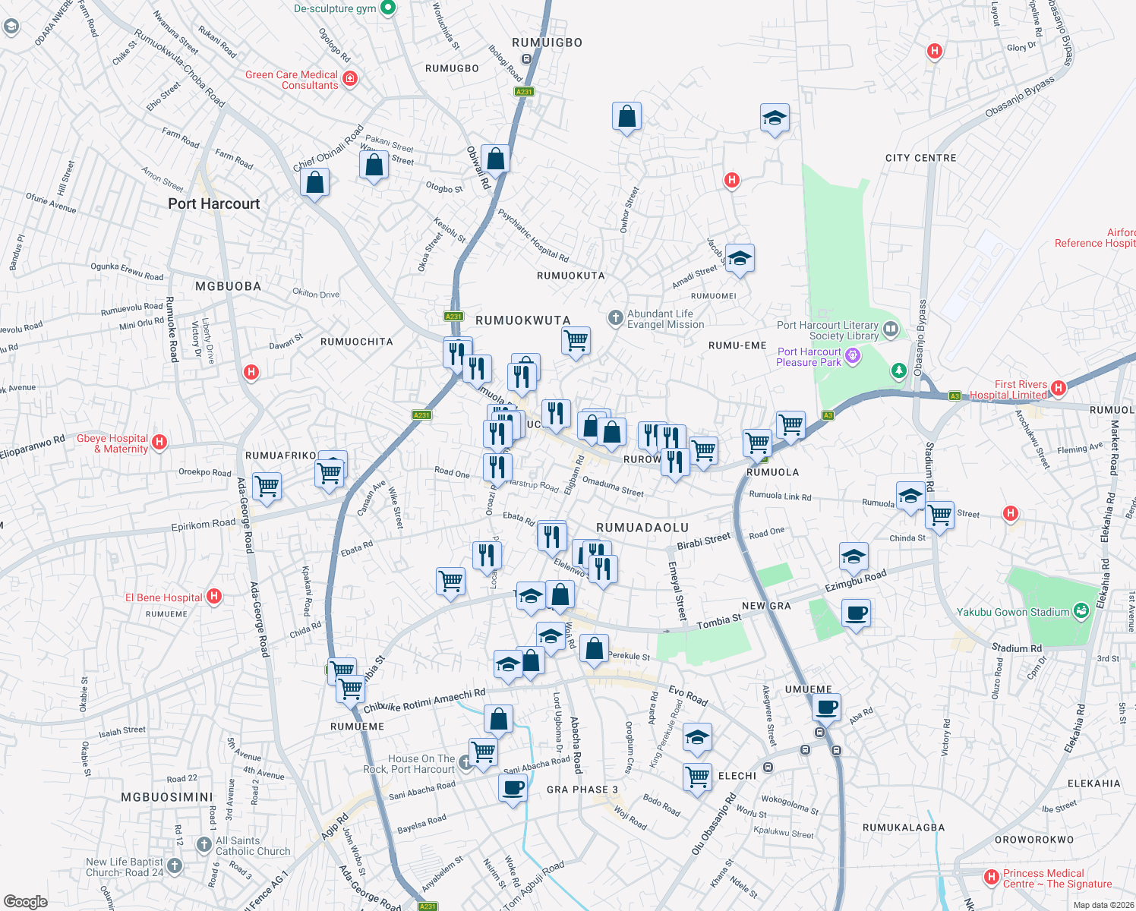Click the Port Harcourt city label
click(x=213, y=203)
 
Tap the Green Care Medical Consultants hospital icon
click(x=350, y=78)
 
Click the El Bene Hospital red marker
click(x=214, y=597)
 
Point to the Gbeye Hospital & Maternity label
click(x=112, y=443)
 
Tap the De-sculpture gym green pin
click(x=388, y=8)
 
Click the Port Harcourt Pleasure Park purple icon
click(x=853, y=355)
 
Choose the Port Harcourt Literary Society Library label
click(x=828, y=330)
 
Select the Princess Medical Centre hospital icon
click(x=991, y=877)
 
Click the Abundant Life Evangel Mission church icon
click(x=616, y=318)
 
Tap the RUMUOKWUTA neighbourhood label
click(x=522, y=320)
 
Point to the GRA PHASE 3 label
click(x=582, y=790)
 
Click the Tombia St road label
click(x=718, y=622)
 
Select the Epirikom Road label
click(x=203, y=524)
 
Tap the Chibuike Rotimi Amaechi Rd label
click(x=424, y=701)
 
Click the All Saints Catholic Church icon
click(x=204, y=844)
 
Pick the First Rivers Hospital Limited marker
click(x=1059, y=388)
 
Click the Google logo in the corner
click(x=25, y=901)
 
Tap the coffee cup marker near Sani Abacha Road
click(x=513, y=787)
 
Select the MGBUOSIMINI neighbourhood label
click(x=167, y=797)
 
